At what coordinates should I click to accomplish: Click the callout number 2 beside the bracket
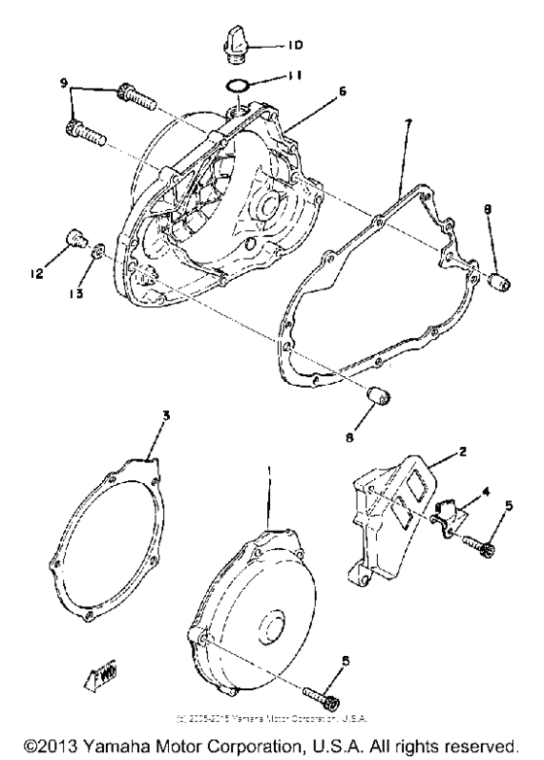(x=464, y=453)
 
